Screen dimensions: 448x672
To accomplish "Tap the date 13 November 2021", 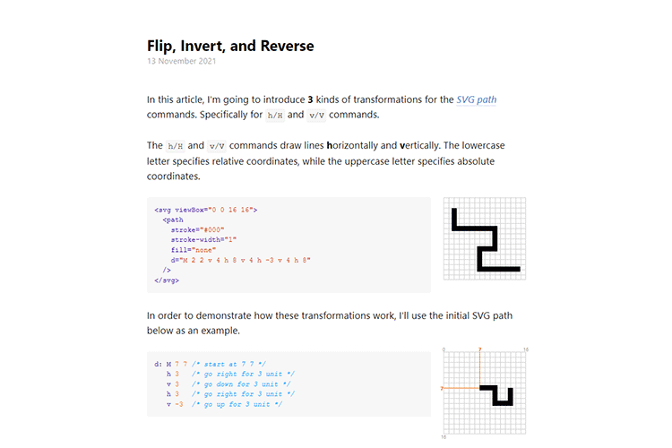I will (x=182, y=62).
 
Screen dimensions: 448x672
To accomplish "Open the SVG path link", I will (x=477, y=99).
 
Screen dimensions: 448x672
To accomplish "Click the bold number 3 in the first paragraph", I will (x=310, y=99).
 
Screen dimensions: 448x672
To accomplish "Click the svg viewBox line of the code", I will (x=206, y=209).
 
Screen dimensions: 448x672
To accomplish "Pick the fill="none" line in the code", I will (x=192, y=249).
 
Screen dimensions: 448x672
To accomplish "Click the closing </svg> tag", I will (x=167, y=280).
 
